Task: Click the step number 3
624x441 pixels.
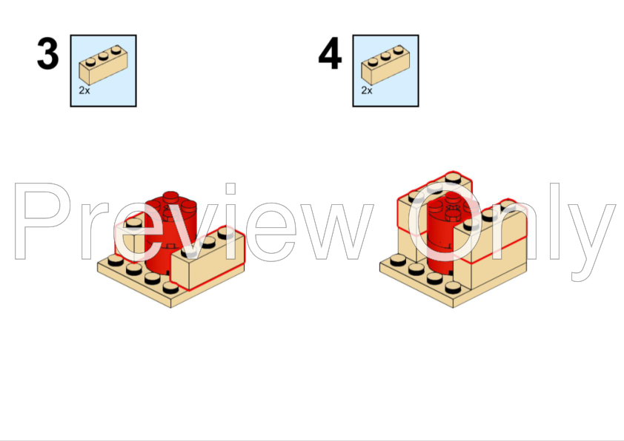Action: [x=48, y=55]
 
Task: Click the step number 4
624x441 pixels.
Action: [x=330, y=55]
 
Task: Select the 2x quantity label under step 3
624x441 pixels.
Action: [x=84, y=90]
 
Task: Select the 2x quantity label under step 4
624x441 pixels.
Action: [x=367, y=90]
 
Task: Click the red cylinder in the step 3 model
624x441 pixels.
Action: [x=167, y=237]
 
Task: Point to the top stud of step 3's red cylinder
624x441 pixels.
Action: [x=170, y=197]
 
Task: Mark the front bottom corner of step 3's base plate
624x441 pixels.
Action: [x=171, y=306]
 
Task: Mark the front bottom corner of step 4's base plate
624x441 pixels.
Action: [x=453, y=306]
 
